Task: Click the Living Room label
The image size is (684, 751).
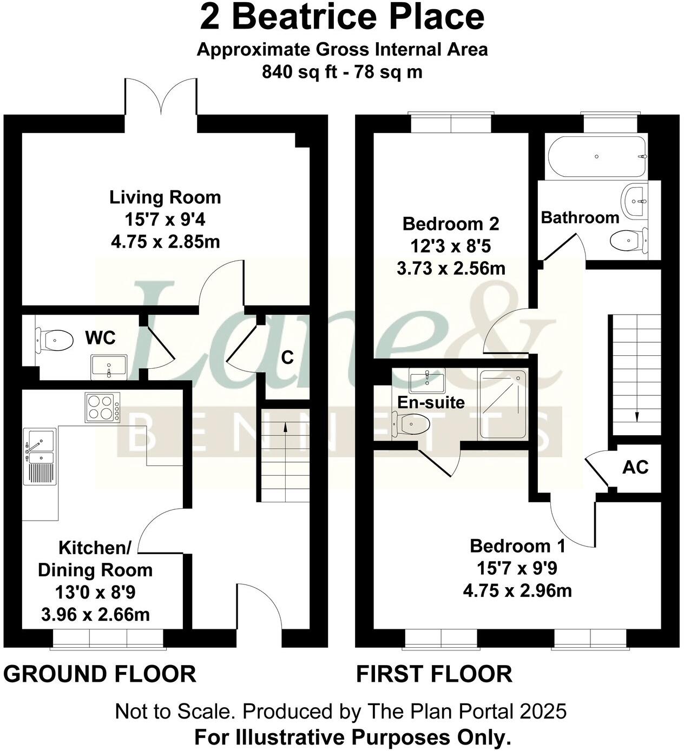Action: (165, 197)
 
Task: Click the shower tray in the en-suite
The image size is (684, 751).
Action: (503, 404)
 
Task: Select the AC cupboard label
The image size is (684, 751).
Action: (635, 467)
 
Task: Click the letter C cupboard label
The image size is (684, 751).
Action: (287, 357)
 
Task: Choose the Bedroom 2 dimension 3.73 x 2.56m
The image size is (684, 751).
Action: (451, 268)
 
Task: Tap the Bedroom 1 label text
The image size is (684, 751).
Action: (517, 546)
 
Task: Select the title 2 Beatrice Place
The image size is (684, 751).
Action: (342, 17)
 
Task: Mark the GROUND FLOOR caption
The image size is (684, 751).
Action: (100, 674)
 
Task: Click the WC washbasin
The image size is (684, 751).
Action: (109, 365)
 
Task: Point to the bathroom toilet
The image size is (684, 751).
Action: (628, 239)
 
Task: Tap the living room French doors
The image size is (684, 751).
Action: (161, 97)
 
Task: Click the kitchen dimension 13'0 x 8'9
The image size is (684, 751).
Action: (95, 593)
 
